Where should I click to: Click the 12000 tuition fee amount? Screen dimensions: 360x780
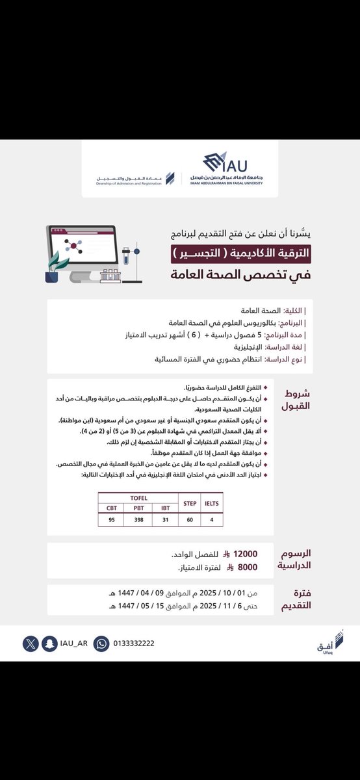[245, 554]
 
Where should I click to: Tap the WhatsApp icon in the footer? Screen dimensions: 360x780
[101, 643]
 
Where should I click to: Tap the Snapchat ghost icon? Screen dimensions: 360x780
[48, 643]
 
